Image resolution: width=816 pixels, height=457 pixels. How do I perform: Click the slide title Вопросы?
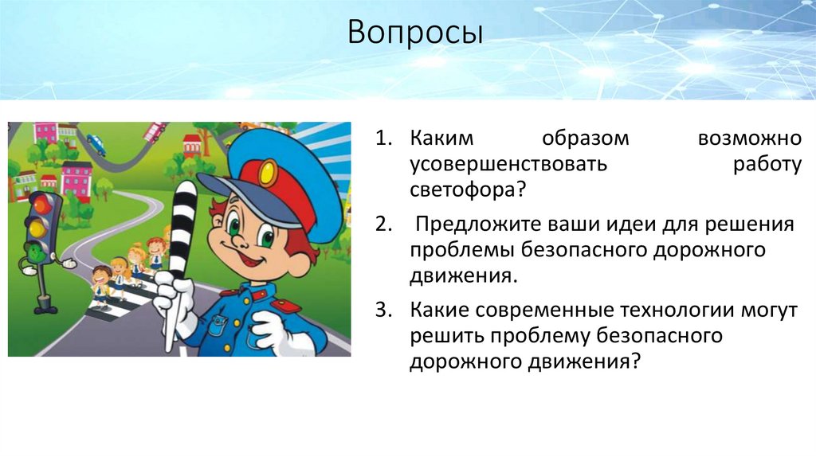click(x=415, y=36)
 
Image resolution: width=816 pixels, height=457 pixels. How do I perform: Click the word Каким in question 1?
click(x=441, y=139)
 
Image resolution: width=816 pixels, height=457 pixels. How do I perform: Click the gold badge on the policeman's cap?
click(x=269, y=169)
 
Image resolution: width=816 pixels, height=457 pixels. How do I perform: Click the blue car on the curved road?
click(x=96, y=144)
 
